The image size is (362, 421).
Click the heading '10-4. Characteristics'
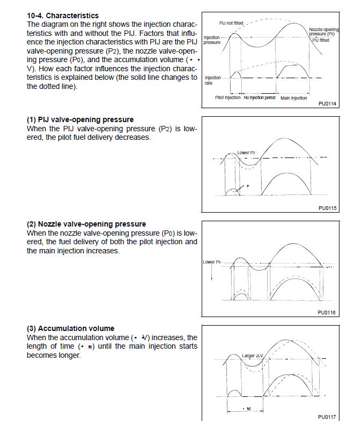tap(63, 16)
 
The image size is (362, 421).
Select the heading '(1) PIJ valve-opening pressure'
tap(80, 119)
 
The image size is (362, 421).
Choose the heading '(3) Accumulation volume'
tap(70, 328)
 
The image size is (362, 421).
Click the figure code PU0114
tap(327, 103)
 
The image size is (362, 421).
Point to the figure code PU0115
tap(327, 208)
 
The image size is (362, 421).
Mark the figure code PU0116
tap(327, 312)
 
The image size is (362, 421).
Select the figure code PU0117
tap(327, 417)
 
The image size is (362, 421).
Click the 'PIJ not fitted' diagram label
tap(231, 23)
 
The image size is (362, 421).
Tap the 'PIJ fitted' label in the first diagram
tap(321, 40)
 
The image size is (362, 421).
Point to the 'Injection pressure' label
tap(212, 40)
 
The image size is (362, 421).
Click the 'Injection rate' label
tap(212, 80)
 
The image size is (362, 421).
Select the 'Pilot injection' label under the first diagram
tap(228, 98)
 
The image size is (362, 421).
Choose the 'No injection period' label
tap(260, 98)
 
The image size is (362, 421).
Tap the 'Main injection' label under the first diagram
tap(294, 98)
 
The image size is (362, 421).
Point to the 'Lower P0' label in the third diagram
tap(211, 262)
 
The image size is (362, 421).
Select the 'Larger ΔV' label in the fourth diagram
tap(252, 356)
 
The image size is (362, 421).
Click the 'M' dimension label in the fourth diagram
tap(248, 409)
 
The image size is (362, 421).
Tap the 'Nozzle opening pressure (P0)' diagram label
tap(323, 32)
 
